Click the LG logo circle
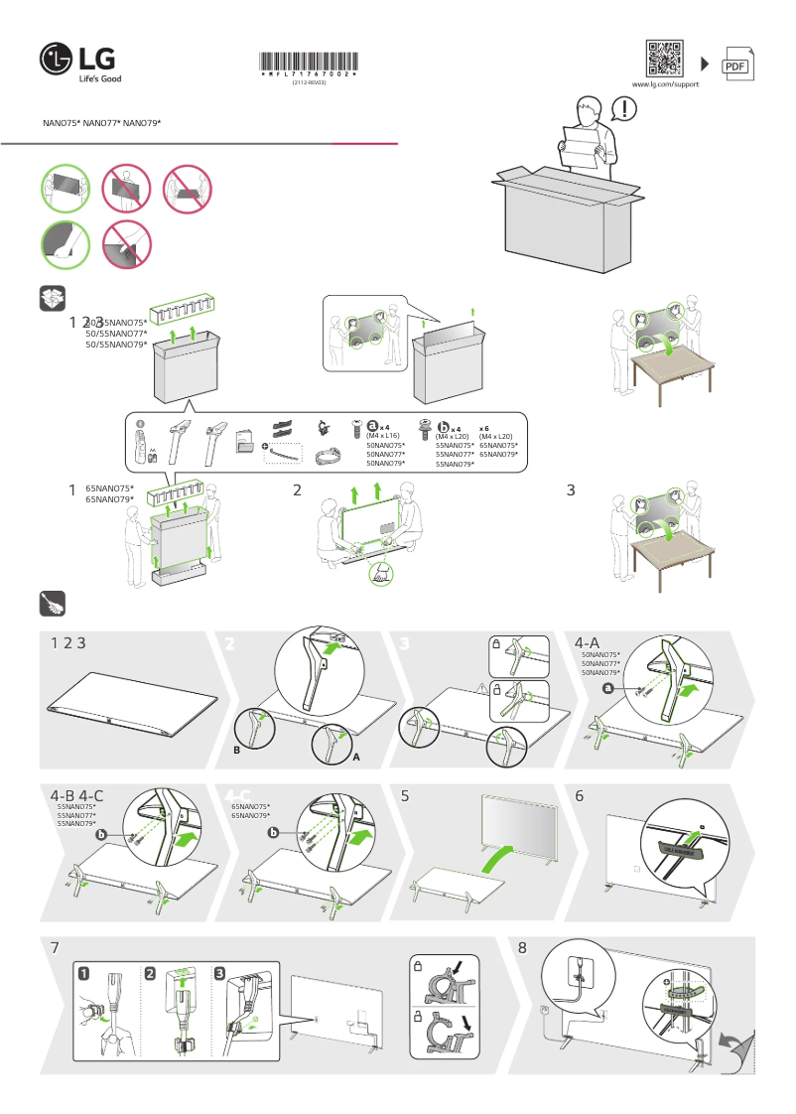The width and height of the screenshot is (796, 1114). (x=57, y=59)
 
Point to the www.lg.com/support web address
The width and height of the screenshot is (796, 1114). (x=665, y=85)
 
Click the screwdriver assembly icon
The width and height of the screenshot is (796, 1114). (x=52, y=603)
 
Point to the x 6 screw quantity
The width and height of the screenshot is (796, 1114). (x=486, y=427)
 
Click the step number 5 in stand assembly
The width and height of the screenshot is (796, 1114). (x=405, y=795)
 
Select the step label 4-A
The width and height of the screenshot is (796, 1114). (x=589, y=643)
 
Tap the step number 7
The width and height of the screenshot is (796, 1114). (x=55, y=948)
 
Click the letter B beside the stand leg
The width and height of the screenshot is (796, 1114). (x=236, y=751)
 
